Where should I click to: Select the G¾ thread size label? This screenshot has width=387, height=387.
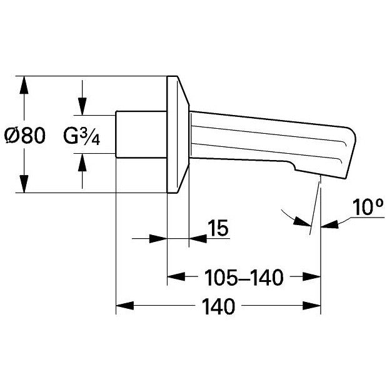(82, 136)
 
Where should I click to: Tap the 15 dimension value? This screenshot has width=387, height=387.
(218, 228)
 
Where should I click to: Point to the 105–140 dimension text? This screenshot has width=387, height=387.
(244, 278)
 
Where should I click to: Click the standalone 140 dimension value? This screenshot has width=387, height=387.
(219, 306)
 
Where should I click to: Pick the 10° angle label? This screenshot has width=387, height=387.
(368, 207)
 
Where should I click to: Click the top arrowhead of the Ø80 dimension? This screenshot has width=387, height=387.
(24, 85)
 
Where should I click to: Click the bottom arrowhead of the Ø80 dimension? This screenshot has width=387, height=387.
(24, 184)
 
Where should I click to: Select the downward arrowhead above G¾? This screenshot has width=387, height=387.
(82, 106)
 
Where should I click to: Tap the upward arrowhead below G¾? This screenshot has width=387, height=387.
(82, 162)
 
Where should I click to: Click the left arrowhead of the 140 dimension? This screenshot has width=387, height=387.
(124, 306)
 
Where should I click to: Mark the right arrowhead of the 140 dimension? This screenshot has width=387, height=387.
(312, 306)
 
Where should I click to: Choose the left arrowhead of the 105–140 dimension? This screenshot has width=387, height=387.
(176, 276)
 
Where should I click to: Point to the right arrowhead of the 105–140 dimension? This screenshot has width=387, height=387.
(312, 276)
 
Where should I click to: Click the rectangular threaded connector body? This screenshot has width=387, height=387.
(141, 134)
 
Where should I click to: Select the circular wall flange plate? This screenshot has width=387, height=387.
(178, 134)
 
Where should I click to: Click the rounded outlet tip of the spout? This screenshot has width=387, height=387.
(350, 153)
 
